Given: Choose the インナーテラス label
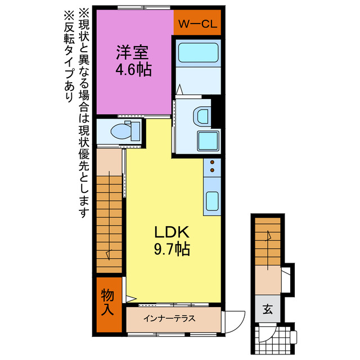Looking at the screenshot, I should click(169, 318).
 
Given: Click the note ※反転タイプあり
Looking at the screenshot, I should click(69, 56).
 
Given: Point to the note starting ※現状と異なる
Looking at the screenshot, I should click(84, 112).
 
